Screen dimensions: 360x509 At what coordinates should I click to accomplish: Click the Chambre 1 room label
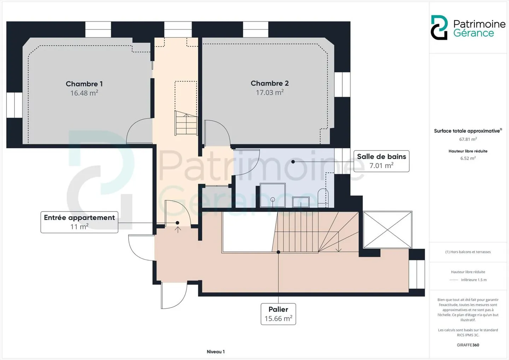pos(84,84)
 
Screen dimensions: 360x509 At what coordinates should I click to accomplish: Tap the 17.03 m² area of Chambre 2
pos(270,93)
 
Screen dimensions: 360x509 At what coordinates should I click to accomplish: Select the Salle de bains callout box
pos(381,161)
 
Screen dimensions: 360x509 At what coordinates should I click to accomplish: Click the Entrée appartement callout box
pos(79,222)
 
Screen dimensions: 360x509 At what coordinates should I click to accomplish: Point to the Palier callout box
pos(278,314)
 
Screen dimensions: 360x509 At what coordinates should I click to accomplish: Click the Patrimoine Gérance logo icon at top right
pos(439,28)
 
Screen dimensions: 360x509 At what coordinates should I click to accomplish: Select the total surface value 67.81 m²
pos(468,139)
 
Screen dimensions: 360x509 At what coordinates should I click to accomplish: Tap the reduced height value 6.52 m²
pos(468,158)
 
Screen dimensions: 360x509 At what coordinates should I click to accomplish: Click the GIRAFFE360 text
pos(468,345)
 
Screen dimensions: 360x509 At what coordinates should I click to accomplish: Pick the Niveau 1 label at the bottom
pos(216,352)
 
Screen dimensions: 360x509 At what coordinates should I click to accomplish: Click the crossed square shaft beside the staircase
pos(387,230)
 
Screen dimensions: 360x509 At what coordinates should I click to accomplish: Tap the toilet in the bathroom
pos(323,198)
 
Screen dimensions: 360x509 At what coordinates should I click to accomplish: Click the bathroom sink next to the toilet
pos(300,202)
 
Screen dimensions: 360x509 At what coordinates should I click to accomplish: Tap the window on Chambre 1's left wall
pos(14,105)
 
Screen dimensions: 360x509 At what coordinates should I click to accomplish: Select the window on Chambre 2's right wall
pos(342,84)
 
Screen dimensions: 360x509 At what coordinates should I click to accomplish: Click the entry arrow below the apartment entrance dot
pos(178,229)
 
